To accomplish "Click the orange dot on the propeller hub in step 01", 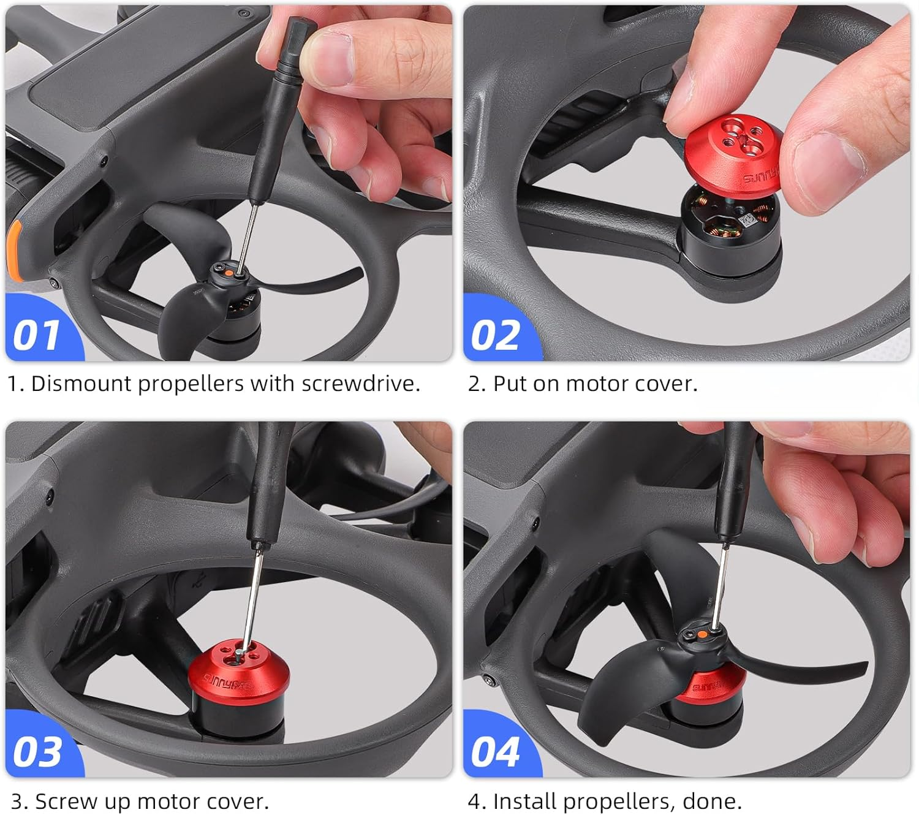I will click(x=228, y=274).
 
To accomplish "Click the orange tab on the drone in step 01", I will click(x=15, y=251).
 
